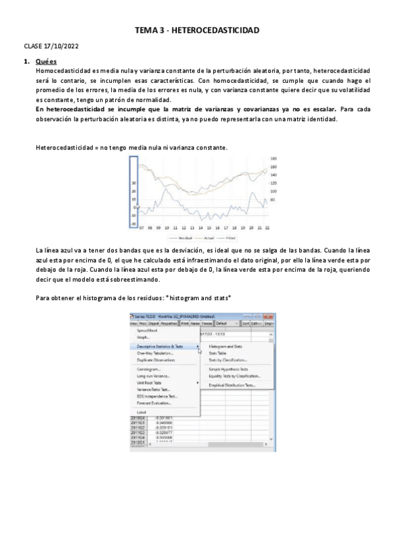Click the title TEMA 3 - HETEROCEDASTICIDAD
197,30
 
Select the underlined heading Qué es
46,62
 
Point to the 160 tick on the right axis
274,166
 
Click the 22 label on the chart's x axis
268,228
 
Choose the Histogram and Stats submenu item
225,346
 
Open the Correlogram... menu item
149,369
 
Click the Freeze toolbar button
207,324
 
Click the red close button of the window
268,317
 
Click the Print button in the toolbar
185,324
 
